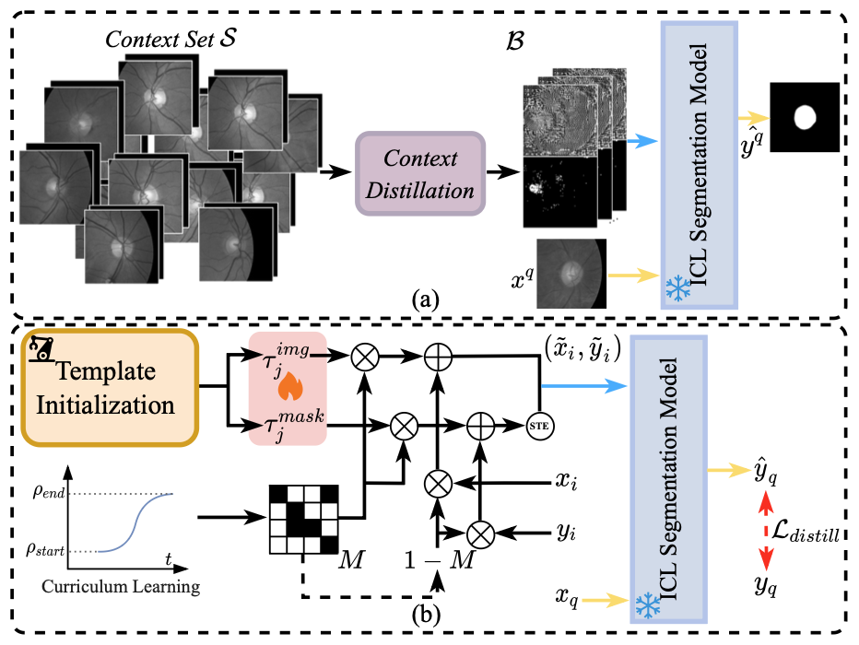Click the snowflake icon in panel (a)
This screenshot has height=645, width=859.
pos(677,287)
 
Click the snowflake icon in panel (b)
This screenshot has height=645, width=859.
pos(649,604)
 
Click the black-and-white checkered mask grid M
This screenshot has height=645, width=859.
pos(304,516)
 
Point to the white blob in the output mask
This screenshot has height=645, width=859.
pos(806,117)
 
